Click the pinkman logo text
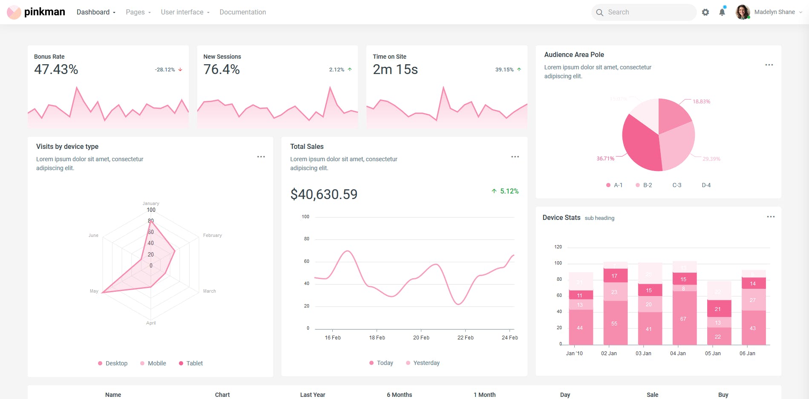pyautogui.click(x=44, y=12)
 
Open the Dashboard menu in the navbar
pyautogui.click(x=96, y=12)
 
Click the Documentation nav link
pyautogui.click(x=242, y=12)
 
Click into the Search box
pyautogui.click(x=648, y=12)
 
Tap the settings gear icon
pyautogui.click(x=705, y=12)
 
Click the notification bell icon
pyautogui.click(x=722, y=12)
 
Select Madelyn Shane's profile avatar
pyautogui.click(x=743, y=12)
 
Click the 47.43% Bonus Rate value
pyautogui.click(x=56, y=69)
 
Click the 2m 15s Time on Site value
pyautogui.click(x=395, y=69)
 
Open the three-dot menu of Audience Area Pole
pyautogui.click(x=769, y=65)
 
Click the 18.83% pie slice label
pyautogui.click(x=701, y=102)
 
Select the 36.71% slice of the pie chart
pyautogui.click(x=639, y=142)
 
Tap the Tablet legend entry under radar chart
pyautogui.click(x=191, y=363)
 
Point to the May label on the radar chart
pyautogui.click(x=94, y=291)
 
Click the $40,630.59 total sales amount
pyautogui.click(x=324, y=194)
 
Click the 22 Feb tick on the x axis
pyautogui.click(x=465, y=337)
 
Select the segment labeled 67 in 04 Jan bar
pyautogui.click(x=683, y=319)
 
